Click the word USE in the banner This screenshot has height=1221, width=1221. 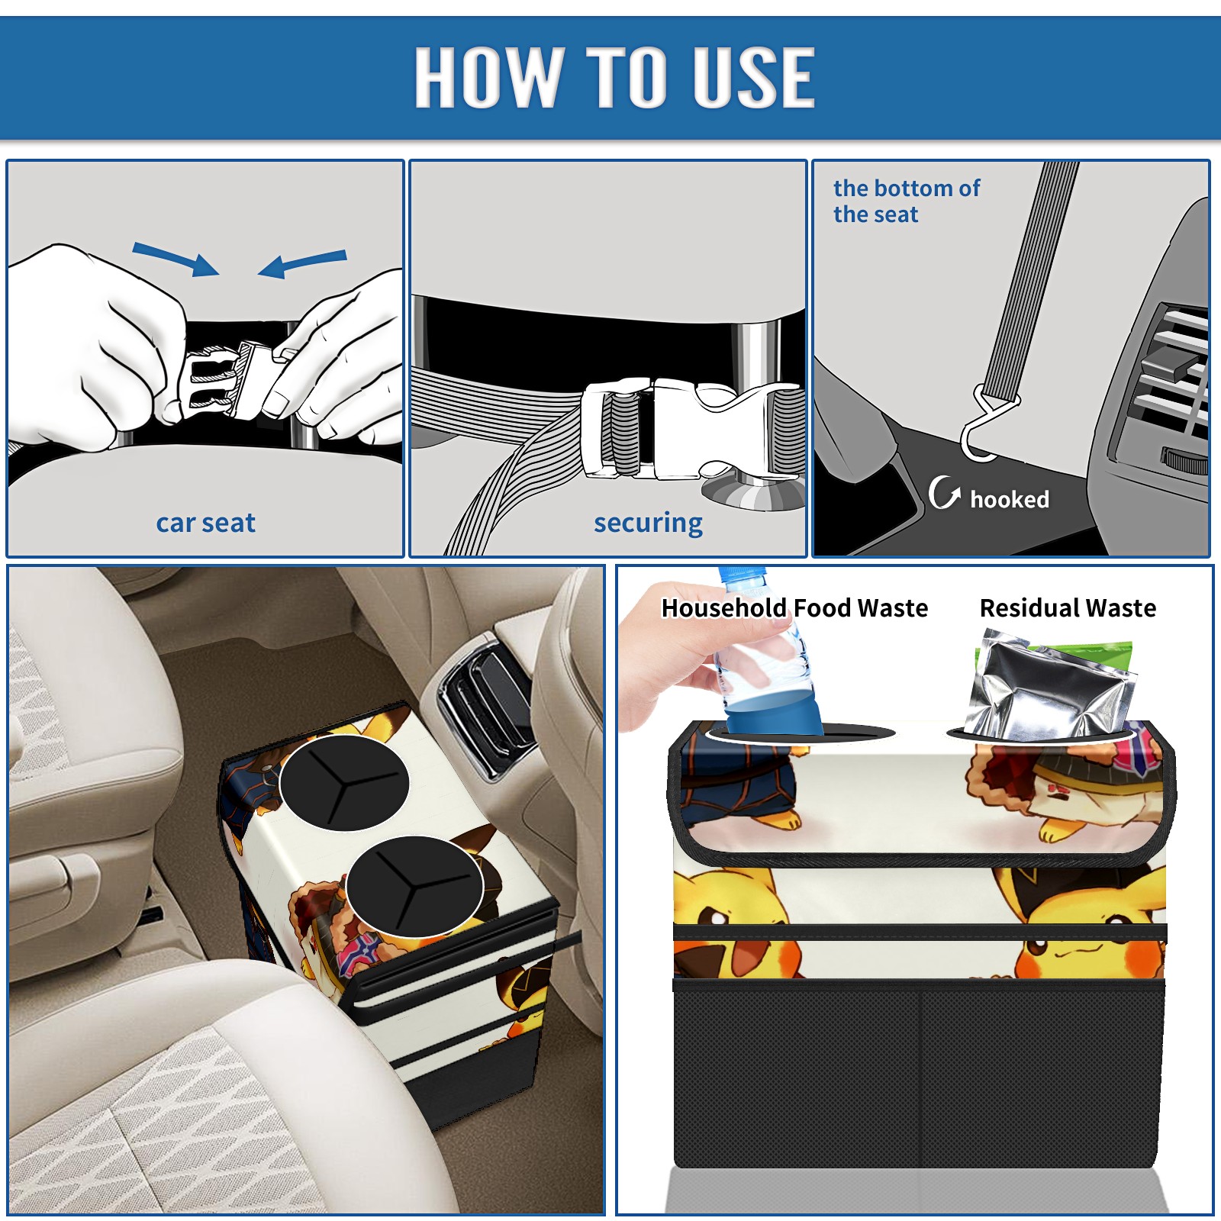click(753, 76)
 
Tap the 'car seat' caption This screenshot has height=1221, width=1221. click(205, 523)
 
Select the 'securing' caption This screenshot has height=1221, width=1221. click(648, 523)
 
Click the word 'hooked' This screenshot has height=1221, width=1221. click(1010, 499)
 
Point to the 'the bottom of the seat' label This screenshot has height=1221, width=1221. click(906, 201)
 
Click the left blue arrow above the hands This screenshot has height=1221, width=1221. click(176, 259)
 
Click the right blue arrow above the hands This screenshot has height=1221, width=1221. click(302, 263)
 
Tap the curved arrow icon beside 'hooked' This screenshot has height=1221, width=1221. click(944, 492)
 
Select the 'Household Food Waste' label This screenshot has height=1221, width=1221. click(794, 607)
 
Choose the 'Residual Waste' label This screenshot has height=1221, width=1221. click(1068, 607)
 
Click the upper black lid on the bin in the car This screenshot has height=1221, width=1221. click(344, 782)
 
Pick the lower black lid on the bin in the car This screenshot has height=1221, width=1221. click(414, 886)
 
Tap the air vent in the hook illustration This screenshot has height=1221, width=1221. click(1168, 389)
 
